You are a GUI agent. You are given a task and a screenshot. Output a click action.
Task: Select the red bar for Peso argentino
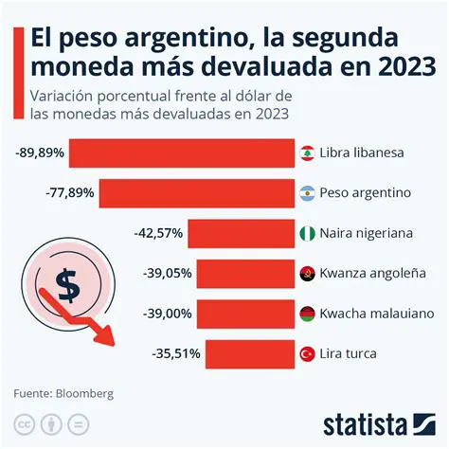pyautogui.click(x=197, y=193)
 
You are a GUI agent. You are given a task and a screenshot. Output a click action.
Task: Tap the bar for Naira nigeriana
pyautogui.click(x=242, y=233)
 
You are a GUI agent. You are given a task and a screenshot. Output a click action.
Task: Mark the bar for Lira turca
pyautogui.click(x=250, y=353)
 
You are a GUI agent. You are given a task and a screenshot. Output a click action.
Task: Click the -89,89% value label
pyautogui.click(x=39, y=153)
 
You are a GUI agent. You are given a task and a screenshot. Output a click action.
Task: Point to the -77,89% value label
pyautogui.click(x=70, y=193)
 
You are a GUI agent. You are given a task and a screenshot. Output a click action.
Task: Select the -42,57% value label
pyautogui.click(x=157, y=233)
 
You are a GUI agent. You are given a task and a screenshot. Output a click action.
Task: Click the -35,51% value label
pyautogui.click(x=175, y=353)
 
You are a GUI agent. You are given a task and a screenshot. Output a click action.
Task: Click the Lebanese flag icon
pyautogui.click(x=306, y=153)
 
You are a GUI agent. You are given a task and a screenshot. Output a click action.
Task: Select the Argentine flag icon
pyautogui.click(x=306, y=193)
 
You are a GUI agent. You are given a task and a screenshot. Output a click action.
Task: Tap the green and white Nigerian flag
pyautogui.click(x=306, y=233)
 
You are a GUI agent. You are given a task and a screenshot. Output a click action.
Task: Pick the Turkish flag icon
pyautogui.click(x=306, y=353)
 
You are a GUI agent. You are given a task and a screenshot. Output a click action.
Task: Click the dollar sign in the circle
pyautogui.click(x=66, y=281)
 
